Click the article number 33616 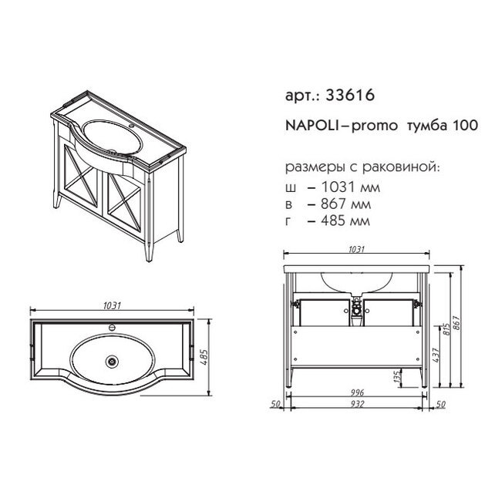(350, 95)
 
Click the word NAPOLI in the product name (312, 126)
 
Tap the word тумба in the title (426, 126)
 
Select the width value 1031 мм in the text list (350, 187)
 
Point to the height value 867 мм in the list (346, 204)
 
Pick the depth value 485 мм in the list (345, 221)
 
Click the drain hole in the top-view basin (112, 360)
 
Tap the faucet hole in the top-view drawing (112, 328)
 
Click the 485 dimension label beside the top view (204, 357)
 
